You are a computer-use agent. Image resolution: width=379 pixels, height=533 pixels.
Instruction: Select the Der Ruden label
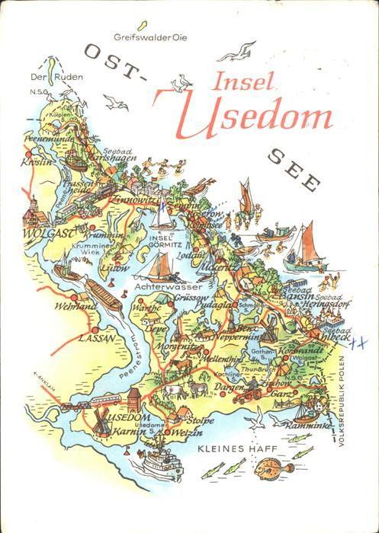pyautogui.click(x=46, y=77)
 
